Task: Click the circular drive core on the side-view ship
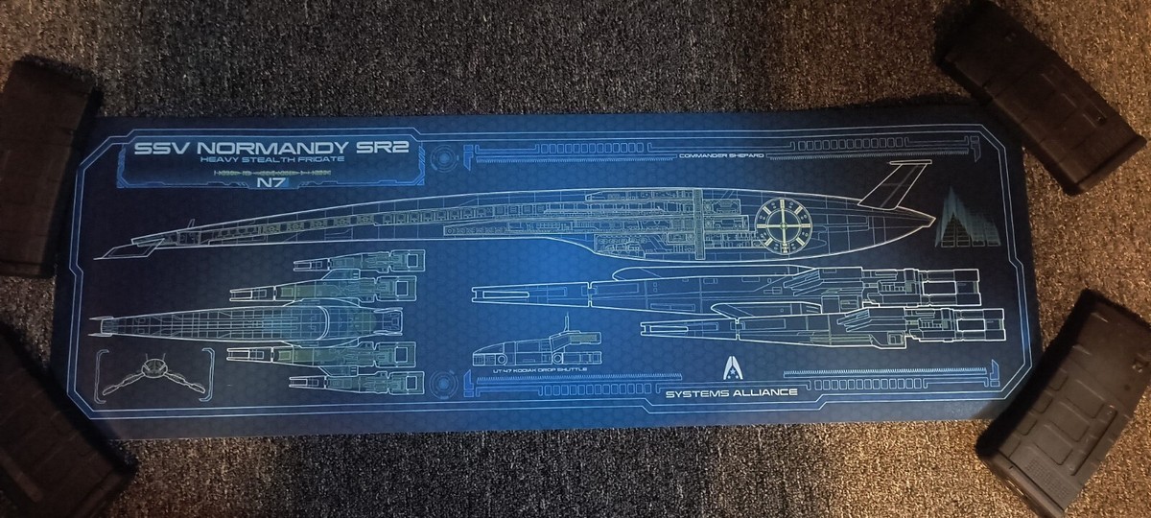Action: click(783, 219)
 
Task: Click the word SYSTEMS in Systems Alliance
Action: click(693, 392)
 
